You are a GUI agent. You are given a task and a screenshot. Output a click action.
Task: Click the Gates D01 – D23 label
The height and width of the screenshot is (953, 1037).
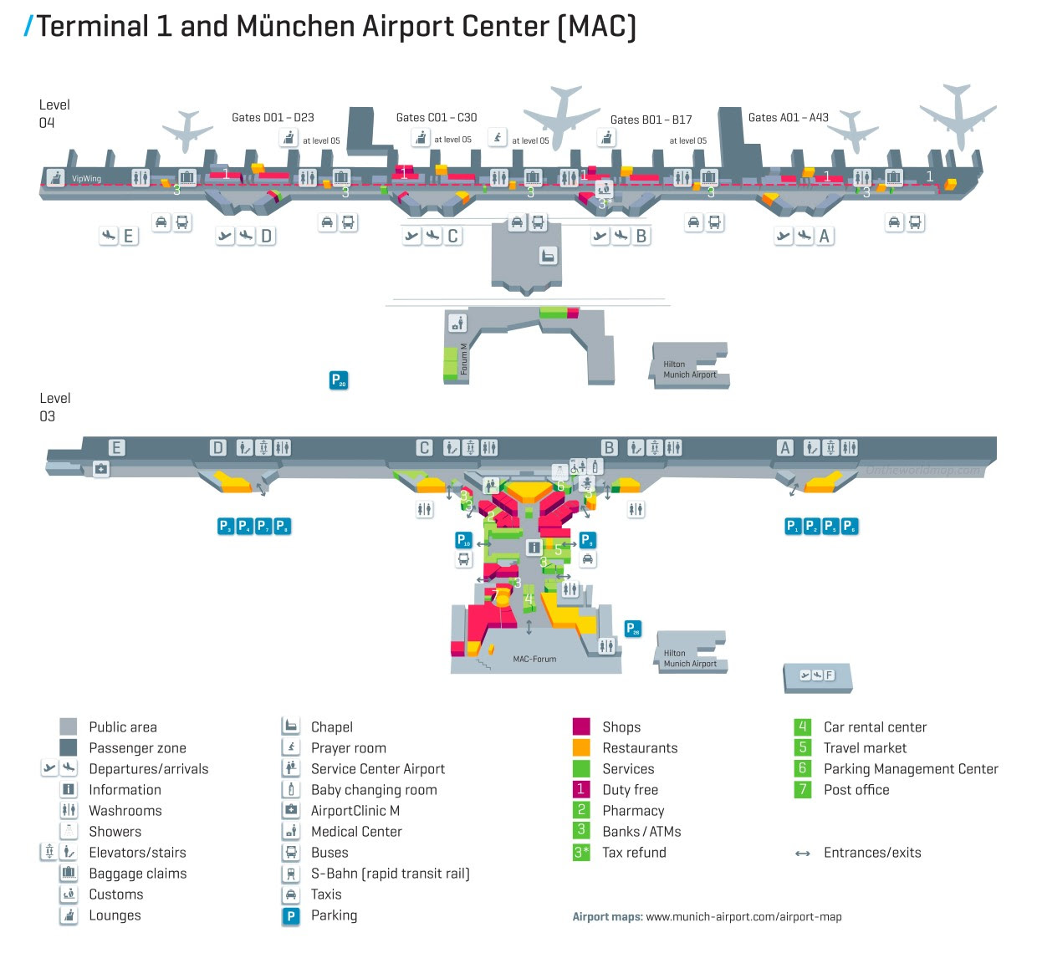click(273, 118)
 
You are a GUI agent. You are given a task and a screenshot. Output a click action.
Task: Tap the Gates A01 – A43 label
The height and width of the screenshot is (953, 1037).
click(788, 118)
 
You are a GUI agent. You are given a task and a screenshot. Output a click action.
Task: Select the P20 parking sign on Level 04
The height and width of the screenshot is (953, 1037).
click(338, 380)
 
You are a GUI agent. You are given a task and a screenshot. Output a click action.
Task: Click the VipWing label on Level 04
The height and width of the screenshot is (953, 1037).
click(86, 179)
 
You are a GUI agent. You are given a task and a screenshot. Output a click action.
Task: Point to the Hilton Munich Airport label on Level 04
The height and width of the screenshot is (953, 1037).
click(689, 369)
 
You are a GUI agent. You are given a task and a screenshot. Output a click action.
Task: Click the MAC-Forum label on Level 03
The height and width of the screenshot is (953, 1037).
click(534, 660)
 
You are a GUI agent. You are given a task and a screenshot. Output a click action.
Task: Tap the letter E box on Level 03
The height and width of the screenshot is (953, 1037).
click(116, 448)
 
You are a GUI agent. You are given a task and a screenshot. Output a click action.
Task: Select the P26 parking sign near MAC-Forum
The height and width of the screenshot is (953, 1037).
click(633, 628)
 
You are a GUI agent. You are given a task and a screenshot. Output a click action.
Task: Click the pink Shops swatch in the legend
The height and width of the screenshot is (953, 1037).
click(581, 726)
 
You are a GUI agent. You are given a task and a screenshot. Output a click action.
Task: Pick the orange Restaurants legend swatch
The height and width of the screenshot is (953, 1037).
click(581, 747)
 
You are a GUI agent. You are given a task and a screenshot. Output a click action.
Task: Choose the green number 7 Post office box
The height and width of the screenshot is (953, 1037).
click(803, 789)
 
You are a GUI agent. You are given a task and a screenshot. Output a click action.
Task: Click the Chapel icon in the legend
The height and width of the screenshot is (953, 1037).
click(290, 726)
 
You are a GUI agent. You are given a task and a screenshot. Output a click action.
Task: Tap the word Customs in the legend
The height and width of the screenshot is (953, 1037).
click(116, 894)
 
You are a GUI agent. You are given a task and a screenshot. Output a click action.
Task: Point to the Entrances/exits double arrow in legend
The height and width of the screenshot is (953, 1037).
click(803, 854)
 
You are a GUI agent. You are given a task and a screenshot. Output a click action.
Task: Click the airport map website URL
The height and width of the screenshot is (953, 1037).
click(743, 917)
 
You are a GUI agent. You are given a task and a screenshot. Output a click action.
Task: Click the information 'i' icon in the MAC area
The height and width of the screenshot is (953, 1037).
click(534, 548)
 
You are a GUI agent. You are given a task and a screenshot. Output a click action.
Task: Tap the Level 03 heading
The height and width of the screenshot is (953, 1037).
click(54, 407)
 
